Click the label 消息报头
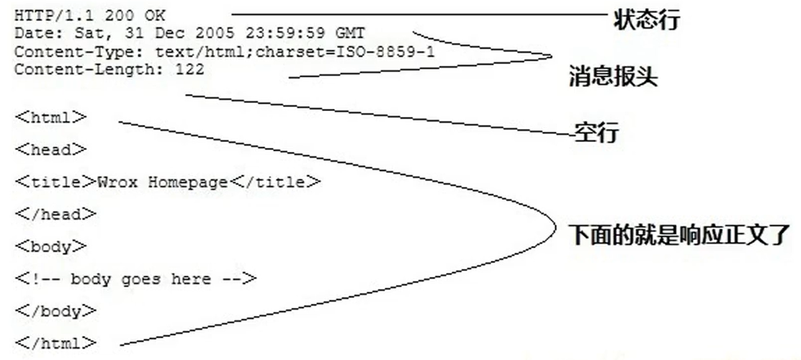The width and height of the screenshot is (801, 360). pos(612,78)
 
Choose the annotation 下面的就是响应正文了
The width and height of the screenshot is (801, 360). pos(679,235)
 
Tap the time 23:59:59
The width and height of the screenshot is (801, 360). pos(285,33)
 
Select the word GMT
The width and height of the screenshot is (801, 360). pos(350,33)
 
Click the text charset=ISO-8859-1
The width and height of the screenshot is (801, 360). pos(345,52)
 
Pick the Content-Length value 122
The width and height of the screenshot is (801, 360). pos(189,69)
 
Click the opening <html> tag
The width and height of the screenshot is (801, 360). pos(51,117)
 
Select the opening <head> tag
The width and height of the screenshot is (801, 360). pos(51,149)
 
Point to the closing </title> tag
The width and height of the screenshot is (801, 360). pos(275,182)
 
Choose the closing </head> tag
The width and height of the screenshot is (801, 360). pos(56,214)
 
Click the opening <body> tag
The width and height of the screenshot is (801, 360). pos(51,246)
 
